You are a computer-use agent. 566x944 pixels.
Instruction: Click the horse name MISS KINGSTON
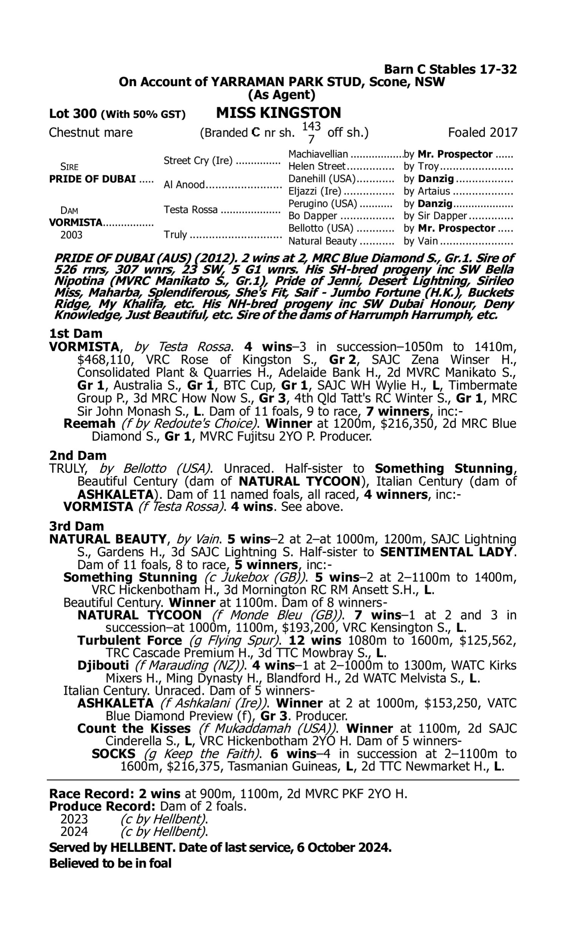pyautogui.click(x=278, y=113)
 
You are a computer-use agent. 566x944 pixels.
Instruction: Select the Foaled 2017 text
pyautogui.click(x=483, y=133)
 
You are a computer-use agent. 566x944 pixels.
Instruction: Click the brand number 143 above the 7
pyautogui.click(x=311, y=126)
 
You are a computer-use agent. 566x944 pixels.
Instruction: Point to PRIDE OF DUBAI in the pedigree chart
pyautogui.click(x=92, y=179)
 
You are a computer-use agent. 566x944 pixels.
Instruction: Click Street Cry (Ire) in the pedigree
pyautogui.click(x=198, y=160)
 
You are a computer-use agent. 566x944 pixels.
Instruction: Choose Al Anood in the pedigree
pyautogui.click(x=184, y=185)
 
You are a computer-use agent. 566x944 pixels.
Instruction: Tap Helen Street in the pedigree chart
pyautogui.click(x=317, y=167)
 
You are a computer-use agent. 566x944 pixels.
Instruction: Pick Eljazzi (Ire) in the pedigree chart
pyautogui.click(x=315, y=191)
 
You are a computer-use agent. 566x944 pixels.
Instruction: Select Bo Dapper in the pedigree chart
pyautogui.click(x=313, y=216)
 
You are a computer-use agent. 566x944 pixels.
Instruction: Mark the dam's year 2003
pyautogui.click(x=71, y=234)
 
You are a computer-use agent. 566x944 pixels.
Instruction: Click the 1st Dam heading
pyautogui.click(x=75, y=333)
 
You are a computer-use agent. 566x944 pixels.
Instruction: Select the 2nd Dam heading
pyautogui.click(x=77, y=455)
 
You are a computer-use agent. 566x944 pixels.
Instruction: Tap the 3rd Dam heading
pyautogui.click(x=76, y=526)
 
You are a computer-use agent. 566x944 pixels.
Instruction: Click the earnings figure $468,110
pyautogui.click(x=102, y=359)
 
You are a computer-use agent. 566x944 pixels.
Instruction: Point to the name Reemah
pyautogui.click(x=89, y=423)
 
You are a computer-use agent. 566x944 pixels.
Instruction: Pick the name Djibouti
pyautogui.click(x=103, y=665)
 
